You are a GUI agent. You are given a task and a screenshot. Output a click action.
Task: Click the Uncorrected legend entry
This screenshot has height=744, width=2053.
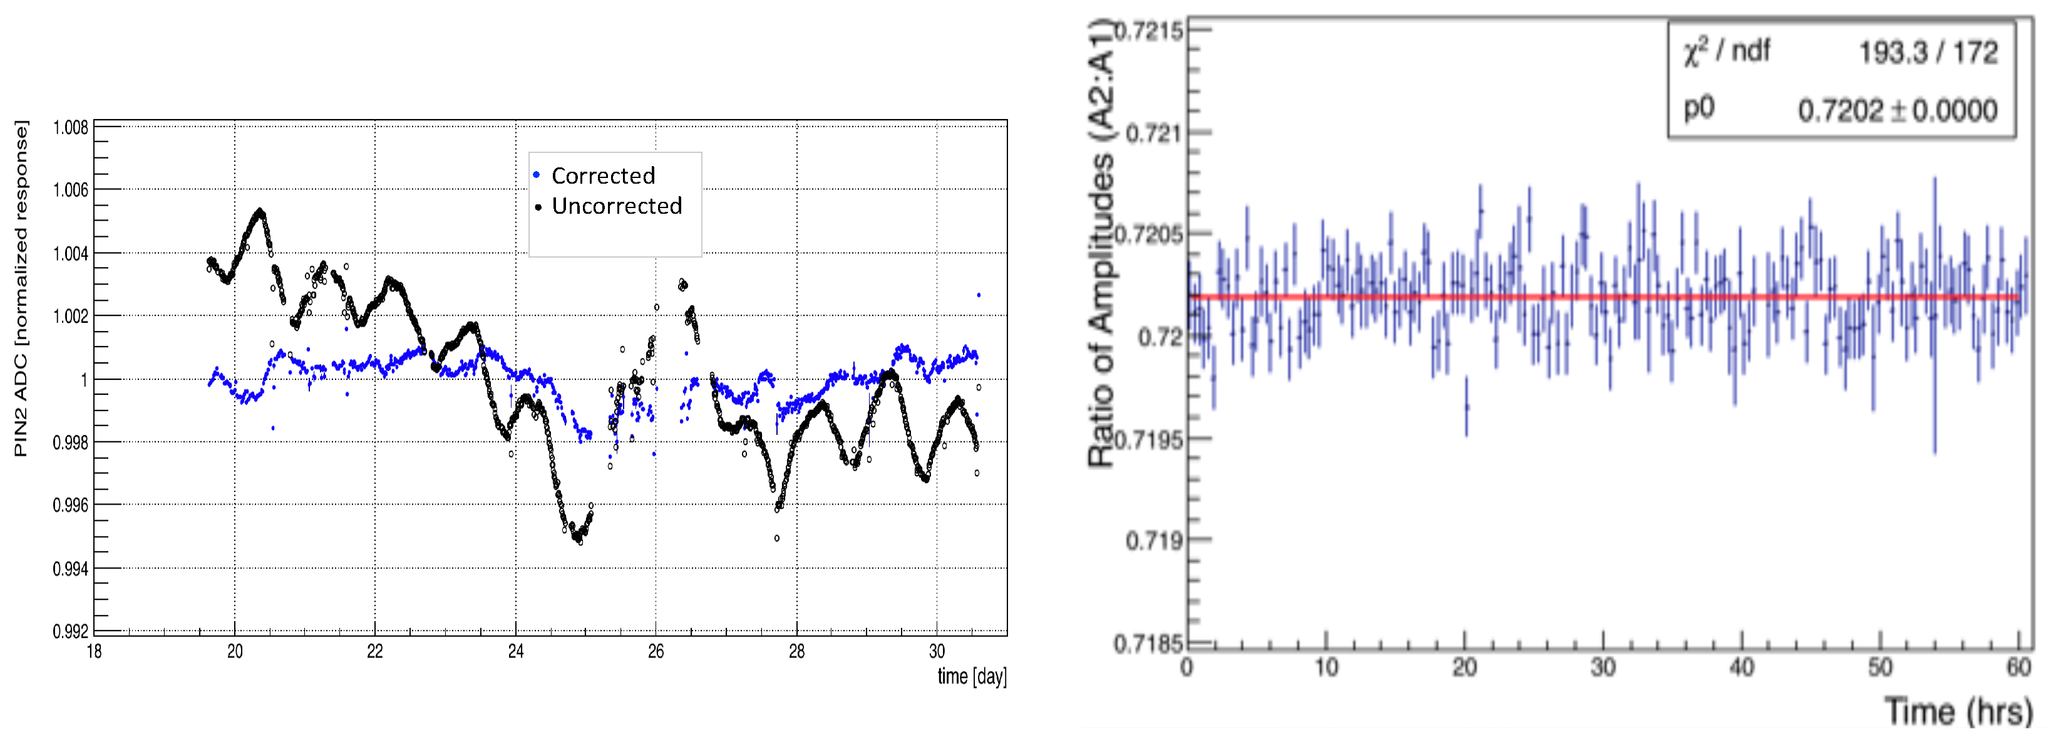pyautogui.click(x=616, y=206)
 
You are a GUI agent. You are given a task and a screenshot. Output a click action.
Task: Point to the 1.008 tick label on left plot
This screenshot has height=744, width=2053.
pyautogui.click(x=71, y=128)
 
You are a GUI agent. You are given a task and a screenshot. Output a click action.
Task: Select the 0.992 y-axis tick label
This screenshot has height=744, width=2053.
pyautogui.click(x=71, y=632)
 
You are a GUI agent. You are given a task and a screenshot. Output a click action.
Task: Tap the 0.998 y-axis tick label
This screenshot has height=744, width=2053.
pyautogui.click(x=71, y=443)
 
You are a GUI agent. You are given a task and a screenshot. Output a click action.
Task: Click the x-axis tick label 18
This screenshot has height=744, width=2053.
pyautogui.click(x=94, y=651)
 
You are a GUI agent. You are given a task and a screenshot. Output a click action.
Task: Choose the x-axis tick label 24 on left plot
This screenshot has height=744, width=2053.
pyautogui.click(x=516, y=651)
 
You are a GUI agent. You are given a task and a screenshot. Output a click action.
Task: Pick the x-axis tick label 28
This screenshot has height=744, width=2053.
pyautogui.click(x=796, y=651)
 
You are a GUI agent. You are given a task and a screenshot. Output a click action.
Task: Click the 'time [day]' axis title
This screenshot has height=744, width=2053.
pyautogui.click(x=972, y=676)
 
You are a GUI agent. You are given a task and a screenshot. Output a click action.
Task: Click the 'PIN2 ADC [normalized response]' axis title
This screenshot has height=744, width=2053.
pyautogui.click(x=21, y=289)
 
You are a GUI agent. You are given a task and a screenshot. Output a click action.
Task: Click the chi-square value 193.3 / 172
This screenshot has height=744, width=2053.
pyautogui.click(x=1928, y=53)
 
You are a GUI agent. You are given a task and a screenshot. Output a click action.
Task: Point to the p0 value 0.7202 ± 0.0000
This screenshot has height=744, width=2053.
pyautogui.click(x=1897, y=110)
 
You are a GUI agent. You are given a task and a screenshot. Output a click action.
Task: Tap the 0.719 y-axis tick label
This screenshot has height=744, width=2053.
pyautogui.click(x=1153, y=541)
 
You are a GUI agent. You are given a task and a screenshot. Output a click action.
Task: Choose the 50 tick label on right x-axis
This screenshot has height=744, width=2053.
pyautogui.click(x=1880, y=667)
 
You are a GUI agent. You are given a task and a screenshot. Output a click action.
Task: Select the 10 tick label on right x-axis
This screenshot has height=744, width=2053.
pyautogui.click(x=1326, y=667)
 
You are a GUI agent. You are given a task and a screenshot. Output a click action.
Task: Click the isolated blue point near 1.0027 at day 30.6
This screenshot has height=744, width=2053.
pyautogui.click(x=979, y=295)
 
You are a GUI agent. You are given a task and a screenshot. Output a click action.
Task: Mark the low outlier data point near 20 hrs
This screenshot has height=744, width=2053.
pyautogui.click(x=1466, y=407)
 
